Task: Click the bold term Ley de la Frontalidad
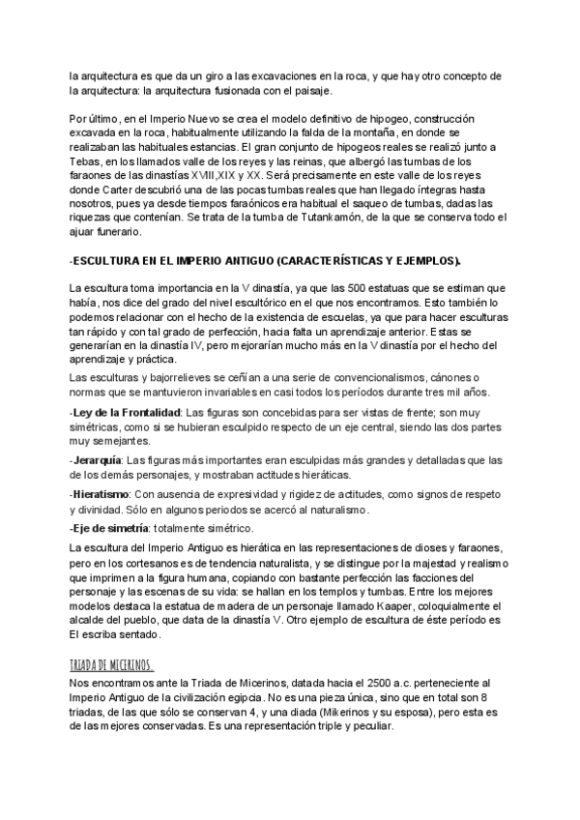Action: tap(120, 412)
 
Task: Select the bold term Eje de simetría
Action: tap(109, 528)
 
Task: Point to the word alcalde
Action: tap(90, 620)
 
